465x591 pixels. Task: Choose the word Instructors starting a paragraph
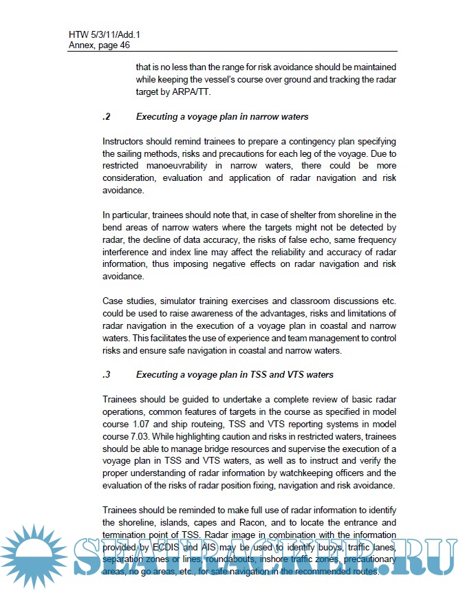tap(126, 141)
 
